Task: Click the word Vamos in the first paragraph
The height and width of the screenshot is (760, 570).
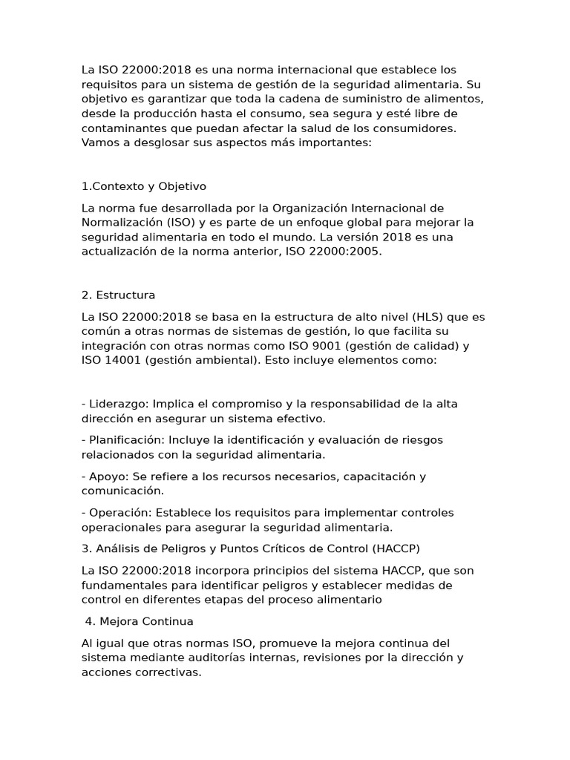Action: (x=99, y=142)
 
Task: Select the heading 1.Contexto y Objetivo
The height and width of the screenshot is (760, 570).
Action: (x=144, y=186)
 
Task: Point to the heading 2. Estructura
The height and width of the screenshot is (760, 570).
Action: (x=119, y=295)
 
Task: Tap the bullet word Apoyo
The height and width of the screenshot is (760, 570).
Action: (x=107, y=476)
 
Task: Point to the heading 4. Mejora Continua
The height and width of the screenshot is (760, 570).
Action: (x=140, y=621)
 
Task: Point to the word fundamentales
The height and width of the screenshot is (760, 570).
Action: (x=122, y=586)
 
